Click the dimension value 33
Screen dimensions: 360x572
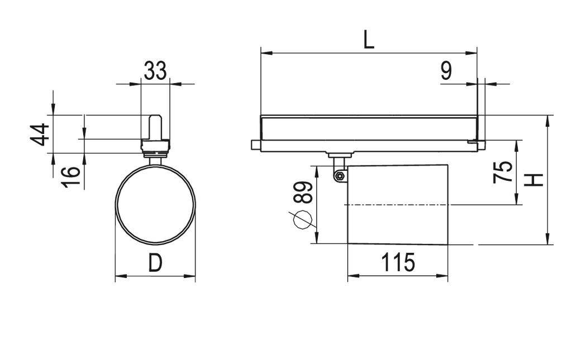pyautogui.click(x=155, y=71)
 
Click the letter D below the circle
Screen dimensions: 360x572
pyautogui.click(x=156, y=262)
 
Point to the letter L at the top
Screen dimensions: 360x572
pyautogui.click(x=369, y=40)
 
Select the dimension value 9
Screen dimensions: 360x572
pyautogui.click(x=446, y=71)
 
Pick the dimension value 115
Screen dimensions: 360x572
pyautogui.click(x=398, y=262)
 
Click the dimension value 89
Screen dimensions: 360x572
pyautogui.click(x=303, y=193)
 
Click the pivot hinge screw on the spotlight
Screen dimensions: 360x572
pyautogui.click(x=339, y=176)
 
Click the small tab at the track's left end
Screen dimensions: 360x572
pyautogui.click(x=255, y=145)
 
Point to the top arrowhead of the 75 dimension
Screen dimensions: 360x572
pyautogui.click(x=517, y=144)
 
